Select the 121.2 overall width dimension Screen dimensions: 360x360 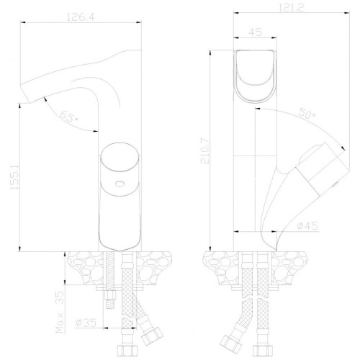[291, 8]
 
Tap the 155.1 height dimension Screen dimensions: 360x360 [14, 177]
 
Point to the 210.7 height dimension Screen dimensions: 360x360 [205, 151]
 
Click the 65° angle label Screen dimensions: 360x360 [69, 117]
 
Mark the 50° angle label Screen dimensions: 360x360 [307, 113]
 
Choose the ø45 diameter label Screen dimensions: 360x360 [307, 226]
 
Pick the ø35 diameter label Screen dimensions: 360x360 [86, 323]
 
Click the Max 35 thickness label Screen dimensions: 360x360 [60, 312]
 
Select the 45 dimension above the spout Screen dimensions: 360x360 [255, 32]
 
